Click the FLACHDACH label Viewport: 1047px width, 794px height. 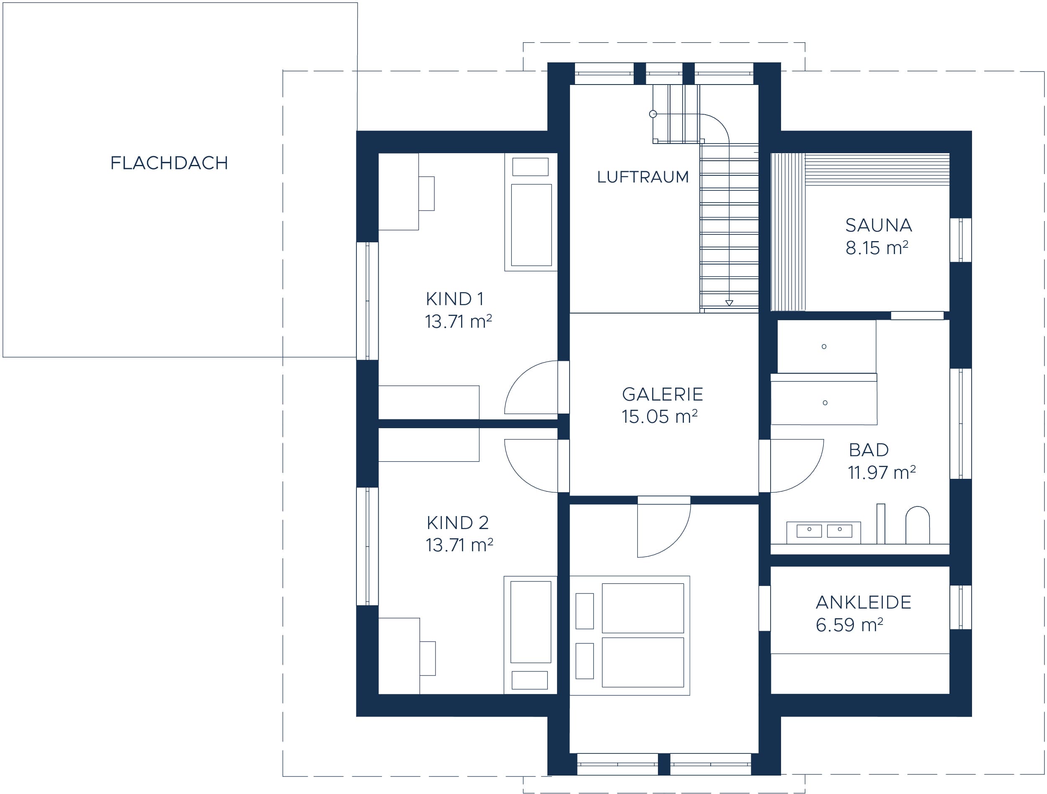click(169, 163)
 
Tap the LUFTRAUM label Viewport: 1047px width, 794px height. click(642, 177)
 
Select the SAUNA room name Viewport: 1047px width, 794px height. click(879, 225)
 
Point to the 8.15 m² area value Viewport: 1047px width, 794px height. click(877, 247)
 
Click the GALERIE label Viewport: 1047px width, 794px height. click(662, 394)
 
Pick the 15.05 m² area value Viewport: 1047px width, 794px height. click(659, 416)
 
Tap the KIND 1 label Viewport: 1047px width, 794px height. click(454, 299)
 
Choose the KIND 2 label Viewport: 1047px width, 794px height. click(457, 523)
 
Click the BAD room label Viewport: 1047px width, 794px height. click(869, 450)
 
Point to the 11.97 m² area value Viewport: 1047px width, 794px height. click(881, 472)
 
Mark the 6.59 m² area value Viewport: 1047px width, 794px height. click(849, 624)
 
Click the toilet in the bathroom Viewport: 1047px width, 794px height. click(917, 525)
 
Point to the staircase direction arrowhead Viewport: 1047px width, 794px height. click(729, 303)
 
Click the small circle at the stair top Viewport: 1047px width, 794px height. click(653, 114)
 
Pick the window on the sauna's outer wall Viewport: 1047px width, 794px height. click(960, 240)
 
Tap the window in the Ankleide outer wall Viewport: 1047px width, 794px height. click(960, 607)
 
